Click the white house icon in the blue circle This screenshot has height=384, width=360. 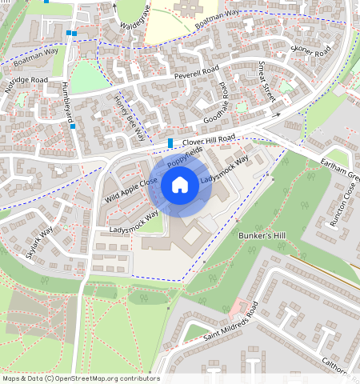click(x=180, y=186)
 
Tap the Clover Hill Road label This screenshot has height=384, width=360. click(x=209, y=141)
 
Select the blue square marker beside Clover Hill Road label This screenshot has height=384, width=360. click(x=170, y=143)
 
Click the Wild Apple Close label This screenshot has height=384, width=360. click(x=130, y=190)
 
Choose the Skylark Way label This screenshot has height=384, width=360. click(x=39, y=242)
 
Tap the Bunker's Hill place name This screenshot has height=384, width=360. click(x=262, y=237)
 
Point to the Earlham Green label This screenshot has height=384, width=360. click(x=342, y=173)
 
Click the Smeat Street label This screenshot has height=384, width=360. click(x=266, y=83)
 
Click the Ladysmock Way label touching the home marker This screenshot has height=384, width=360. click(x=225, y=170)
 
